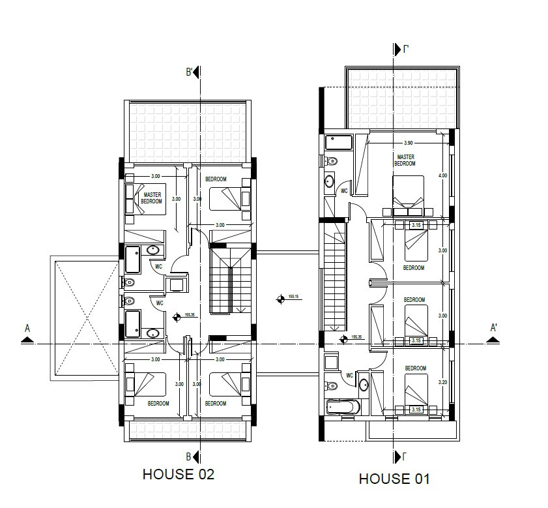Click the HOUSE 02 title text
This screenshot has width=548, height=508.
coord(178,474)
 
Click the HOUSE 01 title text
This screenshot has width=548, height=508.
coord(394,479)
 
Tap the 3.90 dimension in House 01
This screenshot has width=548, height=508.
coord(409,142)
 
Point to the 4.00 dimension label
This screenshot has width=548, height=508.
coord(443,175)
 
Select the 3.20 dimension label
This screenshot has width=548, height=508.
coord(443,383)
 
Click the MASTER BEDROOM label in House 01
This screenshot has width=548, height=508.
coord(405,160)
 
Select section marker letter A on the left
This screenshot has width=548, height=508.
coord(27,329)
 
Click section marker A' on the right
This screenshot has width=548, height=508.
coord(495,328)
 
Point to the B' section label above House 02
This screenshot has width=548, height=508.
coord(190,72)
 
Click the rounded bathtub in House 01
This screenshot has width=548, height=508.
coord(343,408)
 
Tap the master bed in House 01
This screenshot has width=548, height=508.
coord(408,194)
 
